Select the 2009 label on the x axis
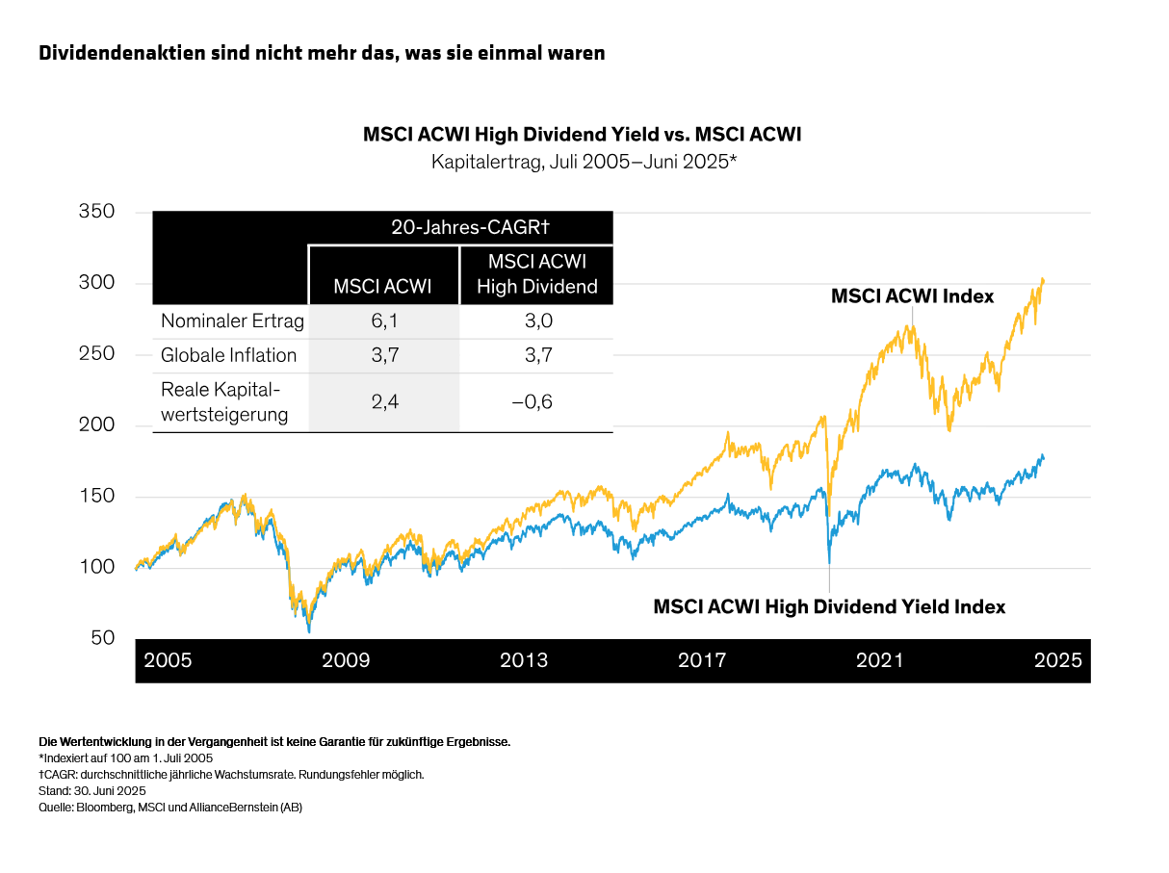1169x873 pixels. click(x=346, y=660)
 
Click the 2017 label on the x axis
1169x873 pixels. click(x=702, y=660)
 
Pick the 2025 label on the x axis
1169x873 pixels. click(x=1057, y=660)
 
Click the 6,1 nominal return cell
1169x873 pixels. click(x=384, y=321)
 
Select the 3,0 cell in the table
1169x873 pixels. click(x=536, y=321)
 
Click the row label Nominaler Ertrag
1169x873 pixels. click(x=232, y=321)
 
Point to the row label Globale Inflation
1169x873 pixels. click(x=228, y=355)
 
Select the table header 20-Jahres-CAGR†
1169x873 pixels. click(x=469, y=227)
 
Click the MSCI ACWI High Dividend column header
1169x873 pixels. click(x=537, y=273)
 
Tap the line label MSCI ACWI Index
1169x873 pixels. click(x=912, y=296)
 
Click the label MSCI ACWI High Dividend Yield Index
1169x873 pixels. click(x=829, y=607)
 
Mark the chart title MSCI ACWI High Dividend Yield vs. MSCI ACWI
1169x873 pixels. click(x=582, y=135)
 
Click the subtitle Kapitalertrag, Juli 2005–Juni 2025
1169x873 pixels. click(x=584, y=162)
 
